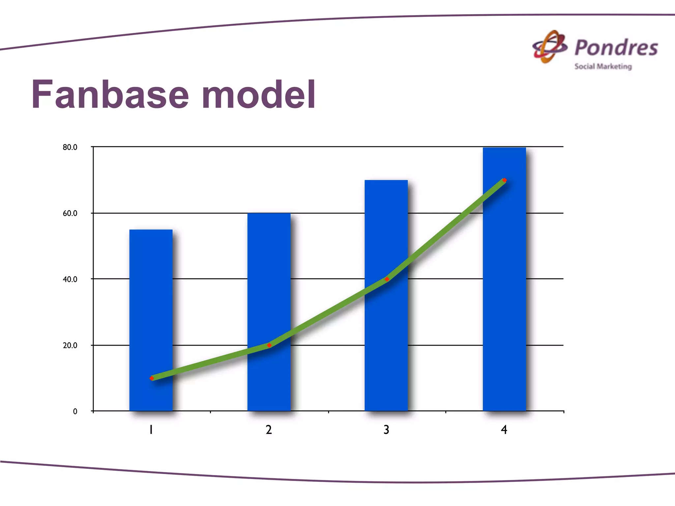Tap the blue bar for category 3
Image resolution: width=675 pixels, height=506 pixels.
point(386,231)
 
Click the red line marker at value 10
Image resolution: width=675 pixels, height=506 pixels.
point(152,378)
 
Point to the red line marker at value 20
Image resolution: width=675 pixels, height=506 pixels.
point(269,345)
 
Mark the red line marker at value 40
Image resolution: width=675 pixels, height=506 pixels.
point(387,279)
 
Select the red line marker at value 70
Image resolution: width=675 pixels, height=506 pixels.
point(504,180)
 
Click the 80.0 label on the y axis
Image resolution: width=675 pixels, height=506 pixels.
point(70,147)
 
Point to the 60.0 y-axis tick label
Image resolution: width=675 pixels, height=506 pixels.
point(70,213)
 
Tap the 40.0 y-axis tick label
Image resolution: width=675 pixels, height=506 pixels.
point(70,279)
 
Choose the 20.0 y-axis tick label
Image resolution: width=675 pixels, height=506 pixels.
point(70,346)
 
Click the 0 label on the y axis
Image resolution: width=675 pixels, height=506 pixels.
point(75,411)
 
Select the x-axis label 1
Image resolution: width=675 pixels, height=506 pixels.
point(151,430)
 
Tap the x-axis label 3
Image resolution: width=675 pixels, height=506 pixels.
point(386,430)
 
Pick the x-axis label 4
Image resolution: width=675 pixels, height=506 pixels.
point(504,430)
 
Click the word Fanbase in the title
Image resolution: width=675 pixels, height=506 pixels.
point(110,95)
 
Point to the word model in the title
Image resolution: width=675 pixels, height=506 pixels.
point(259,95)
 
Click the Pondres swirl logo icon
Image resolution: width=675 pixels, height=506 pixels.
point(550,47)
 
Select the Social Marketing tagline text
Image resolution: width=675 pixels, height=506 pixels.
point(603,66)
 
